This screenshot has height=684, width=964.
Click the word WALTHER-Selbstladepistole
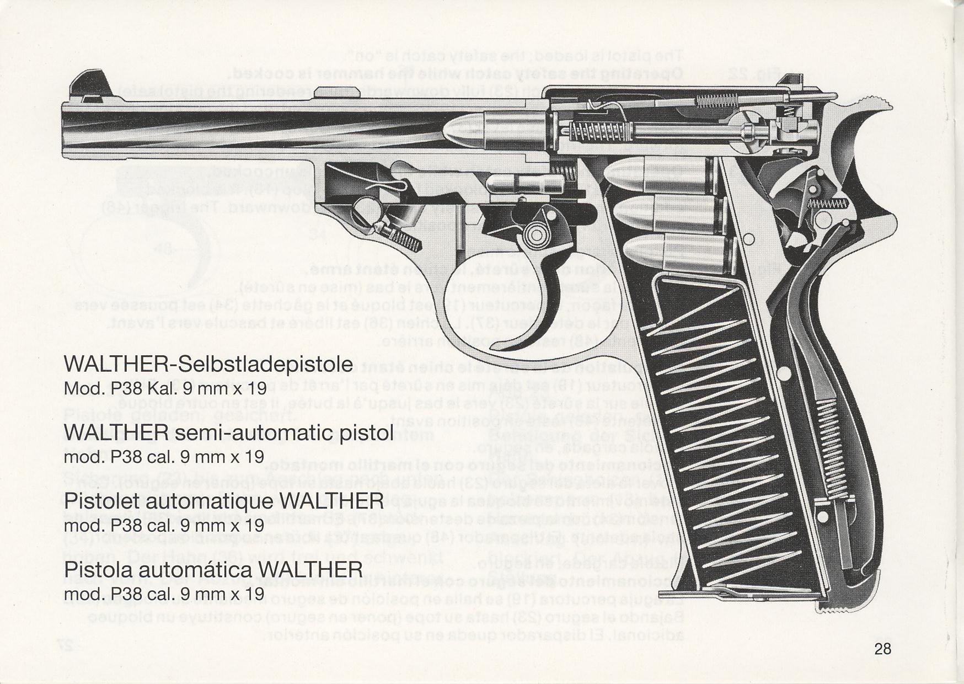208,365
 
